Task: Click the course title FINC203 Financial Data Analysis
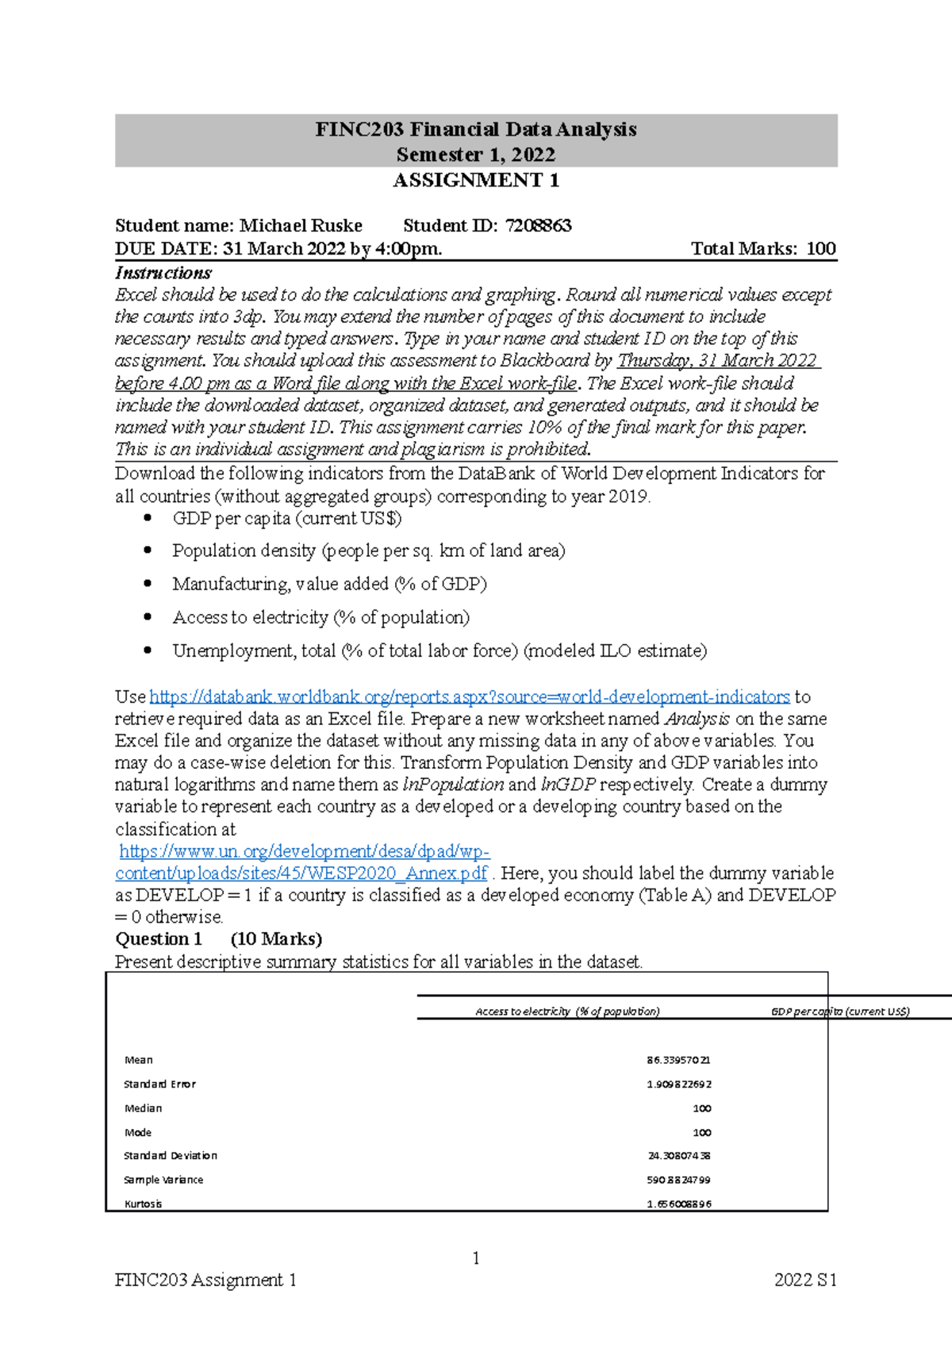point(475,129)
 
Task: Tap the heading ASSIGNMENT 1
point(476,181)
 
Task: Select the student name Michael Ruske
point(301,225)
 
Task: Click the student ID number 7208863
point(538,225)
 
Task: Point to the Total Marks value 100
point(820,248)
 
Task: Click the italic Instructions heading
point(163,273)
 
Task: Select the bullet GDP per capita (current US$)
point(287,519)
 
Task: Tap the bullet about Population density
point(369,551)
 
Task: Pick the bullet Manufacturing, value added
point(329,584)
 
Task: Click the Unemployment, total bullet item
point(440,650)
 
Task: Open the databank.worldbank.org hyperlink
point(470,697)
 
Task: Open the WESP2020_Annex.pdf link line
point(301,873)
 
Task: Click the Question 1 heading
point(159,939)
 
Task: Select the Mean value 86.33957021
point(678,1060)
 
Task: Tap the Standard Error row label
point(159,1084)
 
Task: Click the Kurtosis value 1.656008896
point(678,1204)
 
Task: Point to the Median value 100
point(701,1108)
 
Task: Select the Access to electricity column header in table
point(567,1011)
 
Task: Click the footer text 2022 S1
point(805,1280)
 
